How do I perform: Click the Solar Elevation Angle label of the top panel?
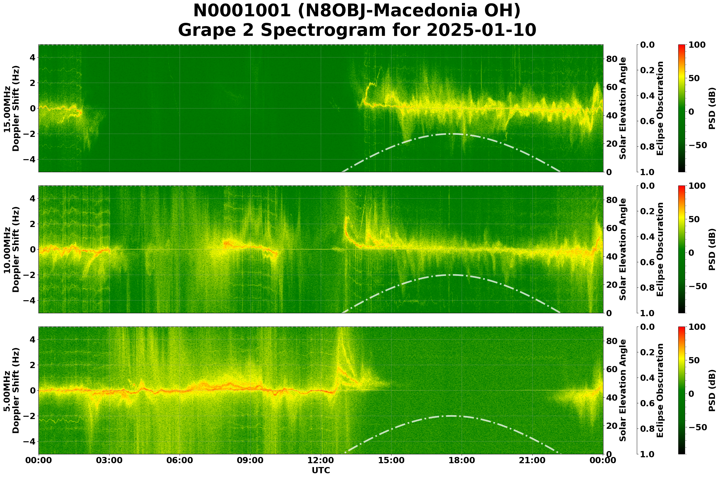(x=623, y=108)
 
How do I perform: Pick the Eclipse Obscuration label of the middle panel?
(x=660, y=249)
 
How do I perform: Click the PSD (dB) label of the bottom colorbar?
(x=712, y=391)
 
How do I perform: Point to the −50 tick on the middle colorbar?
(x=699, y=287)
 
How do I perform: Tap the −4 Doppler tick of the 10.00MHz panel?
(x=29, y=300)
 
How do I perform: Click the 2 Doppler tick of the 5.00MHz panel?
(x=32, y=365)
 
